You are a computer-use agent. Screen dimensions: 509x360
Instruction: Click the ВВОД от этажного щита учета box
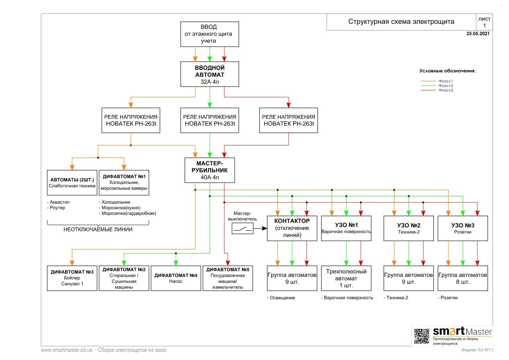(209, 34)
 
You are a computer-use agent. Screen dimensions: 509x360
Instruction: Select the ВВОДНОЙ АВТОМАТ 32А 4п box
(209, 74)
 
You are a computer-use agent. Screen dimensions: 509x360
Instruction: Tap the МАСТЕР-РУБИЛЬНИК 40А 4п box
(209, 170)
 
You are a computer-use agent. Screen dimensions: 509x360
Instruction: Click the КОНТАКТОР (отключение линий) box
(292, 228)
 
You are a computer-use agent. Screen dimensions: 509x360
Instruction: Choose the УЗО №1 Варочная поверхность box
(346, 228)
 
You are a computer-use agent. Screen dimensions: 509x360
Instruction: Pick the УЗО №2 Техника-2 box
(409, 228)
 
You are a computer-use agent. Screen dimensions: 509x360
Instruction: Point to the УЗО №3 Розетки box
(463, 228)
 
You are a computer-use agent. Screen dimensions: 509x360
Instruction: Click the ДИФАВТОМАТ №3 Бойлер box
(72, 278)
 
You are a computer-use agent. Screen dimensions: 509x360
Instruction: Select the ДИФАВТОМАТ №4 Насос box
(176, 278)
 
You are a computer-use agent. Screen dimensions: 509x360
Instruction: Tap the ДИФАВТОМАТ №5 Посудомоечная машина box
(228, 278)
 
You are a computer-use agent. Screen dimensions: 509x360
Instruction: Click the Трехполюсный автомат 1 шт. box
(346, 278)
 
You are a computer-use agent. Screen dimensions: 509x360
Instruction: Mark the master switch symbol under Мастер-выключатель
(243, 228)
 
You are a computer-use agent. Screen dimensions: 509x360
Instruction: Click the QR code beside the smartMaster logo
(421, 336)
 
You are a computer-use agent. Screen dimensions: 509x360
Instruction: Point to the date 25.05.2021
(478, 33)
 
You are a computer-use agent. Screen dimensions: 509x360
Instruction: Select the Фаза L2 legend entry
(437, 86)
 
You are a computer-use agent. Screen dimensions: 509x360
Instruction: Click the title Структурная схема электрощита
(401, 22)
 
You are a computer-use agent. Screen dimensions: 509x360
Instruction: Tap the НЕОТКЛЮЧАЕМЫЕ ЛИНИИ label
(98, 229)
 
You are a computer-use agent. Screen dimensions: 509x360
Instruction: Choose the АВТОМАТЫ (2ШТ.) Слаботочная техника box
(72, 183)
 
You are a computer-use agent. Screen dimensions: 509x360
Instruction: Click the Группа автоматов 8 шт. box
(463, 278)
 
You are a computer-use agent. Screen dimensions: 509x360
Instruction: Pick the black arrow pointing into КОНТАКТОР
(260, 228)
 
